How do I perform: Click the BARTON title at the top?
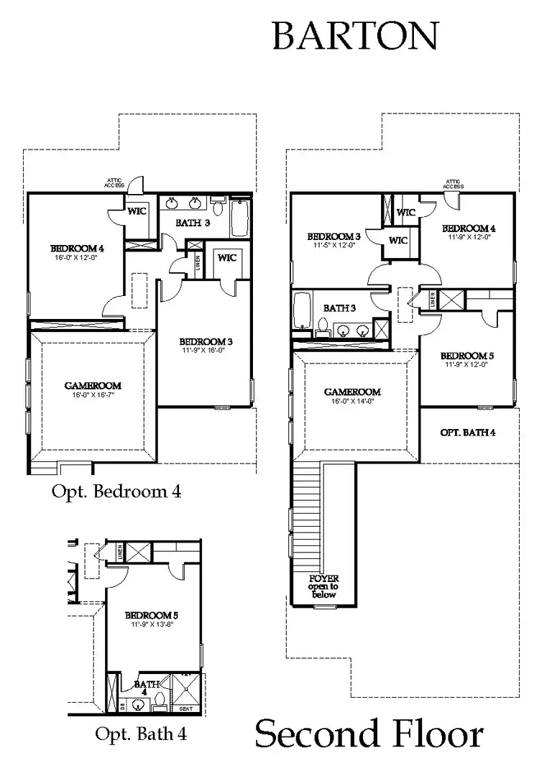click(x=355, y=36)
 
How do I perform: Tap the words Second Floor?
click(x=369, y=735)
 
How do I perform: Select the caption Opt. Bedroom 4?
click(x=116, y=492)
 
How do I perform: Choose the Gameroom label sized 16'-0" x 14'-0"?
click(x=352, y=397)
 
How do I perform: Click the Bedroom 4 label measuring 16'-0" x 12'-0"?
click(x=77, y=252)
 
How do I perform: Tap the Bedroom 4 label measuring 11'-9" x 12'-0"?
click(x=469, y=232)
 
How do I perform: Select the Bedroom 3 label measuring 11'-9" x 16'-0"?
click(x=205, y=346)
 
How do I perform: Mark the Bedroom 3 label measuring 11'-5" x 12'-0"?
click(x=333, y=240)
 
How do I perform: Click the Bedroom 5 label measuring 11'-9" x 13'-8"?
click(x=152, y=620)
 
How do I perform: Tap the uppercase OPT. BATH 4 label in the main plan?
click(x=467, y=433)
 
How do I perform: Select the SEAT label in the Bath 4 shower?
click(x=185, y=708)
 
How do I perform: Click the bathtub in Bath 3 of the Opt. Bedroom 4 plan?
click(x=240, y=218)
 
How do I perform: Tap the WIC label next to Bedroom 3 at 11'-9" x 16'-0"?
click(x=226, y=257)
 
